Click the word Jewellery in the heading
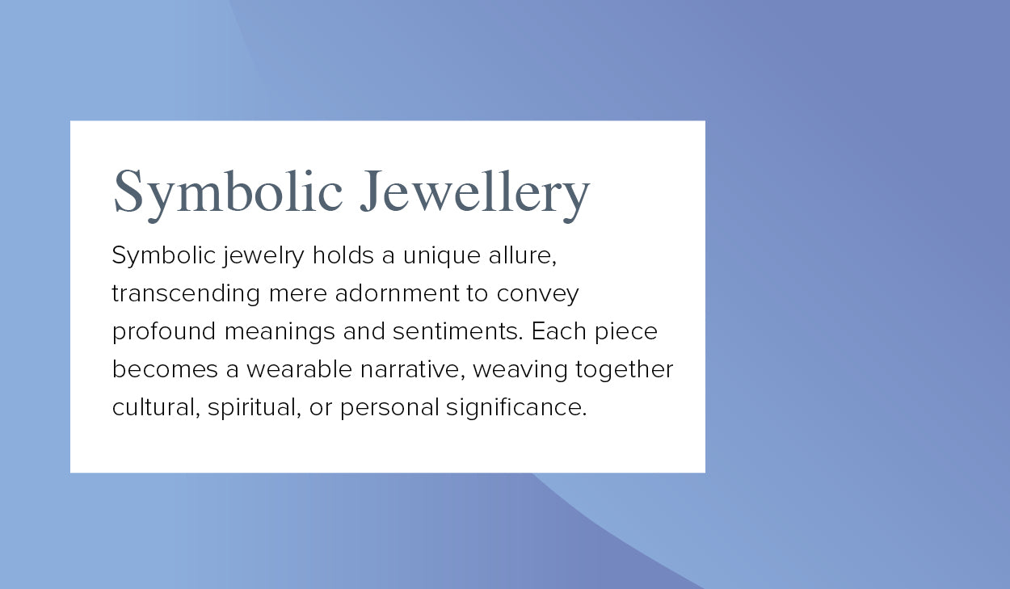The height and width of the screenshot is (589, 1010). (475, 195)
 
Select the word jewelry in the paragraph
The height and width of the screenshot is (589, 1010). (263, 256)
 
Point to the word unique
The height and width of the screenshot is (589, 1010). (441, 256)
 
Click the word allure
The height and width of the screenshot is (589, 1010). (523, 255)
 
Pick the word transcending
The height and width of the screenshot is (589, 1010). (186, 294)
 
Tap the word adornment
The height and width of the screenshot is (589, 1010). (398, 293)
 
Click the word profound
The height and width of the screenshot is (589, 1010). (164, 332)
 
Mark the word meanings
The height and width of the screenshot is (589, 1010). (280, 332)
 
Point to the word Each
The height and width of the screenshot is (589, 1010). (558, 331)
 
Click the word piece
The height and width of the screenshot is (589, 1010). (626, 332)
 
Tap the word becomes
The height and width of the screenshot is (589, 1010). (165, 369)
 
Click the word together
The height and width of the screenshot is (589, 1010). (625, 370)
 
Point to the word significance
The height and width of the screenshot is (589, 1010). (517, 408)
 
